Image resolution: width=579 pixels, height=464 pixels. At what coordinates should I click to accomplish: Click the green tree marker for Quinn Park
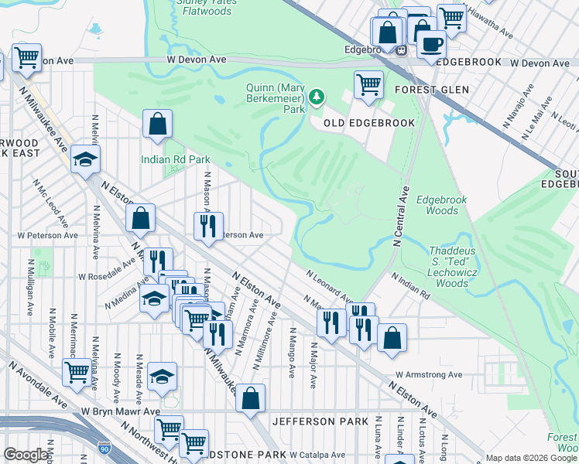(x=316, y=97)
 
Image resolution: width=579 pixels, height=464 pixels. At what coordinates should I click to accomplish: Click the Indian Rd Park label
(x=176, y=159)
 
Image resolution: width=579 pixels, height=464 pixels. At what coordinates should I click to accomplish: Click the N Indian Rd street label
(x=410, y=286)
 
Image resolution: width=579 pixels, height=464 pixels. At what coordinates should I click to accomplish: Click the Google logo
(x=26, y=455)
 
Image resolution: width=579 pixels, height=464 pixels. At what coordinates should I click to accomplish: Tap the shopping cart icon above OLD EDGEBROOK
(x=369, y=84)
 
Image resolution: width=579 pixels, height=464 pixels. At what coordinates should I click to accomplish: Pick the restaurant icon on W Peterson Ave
(x=207, y=226)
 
